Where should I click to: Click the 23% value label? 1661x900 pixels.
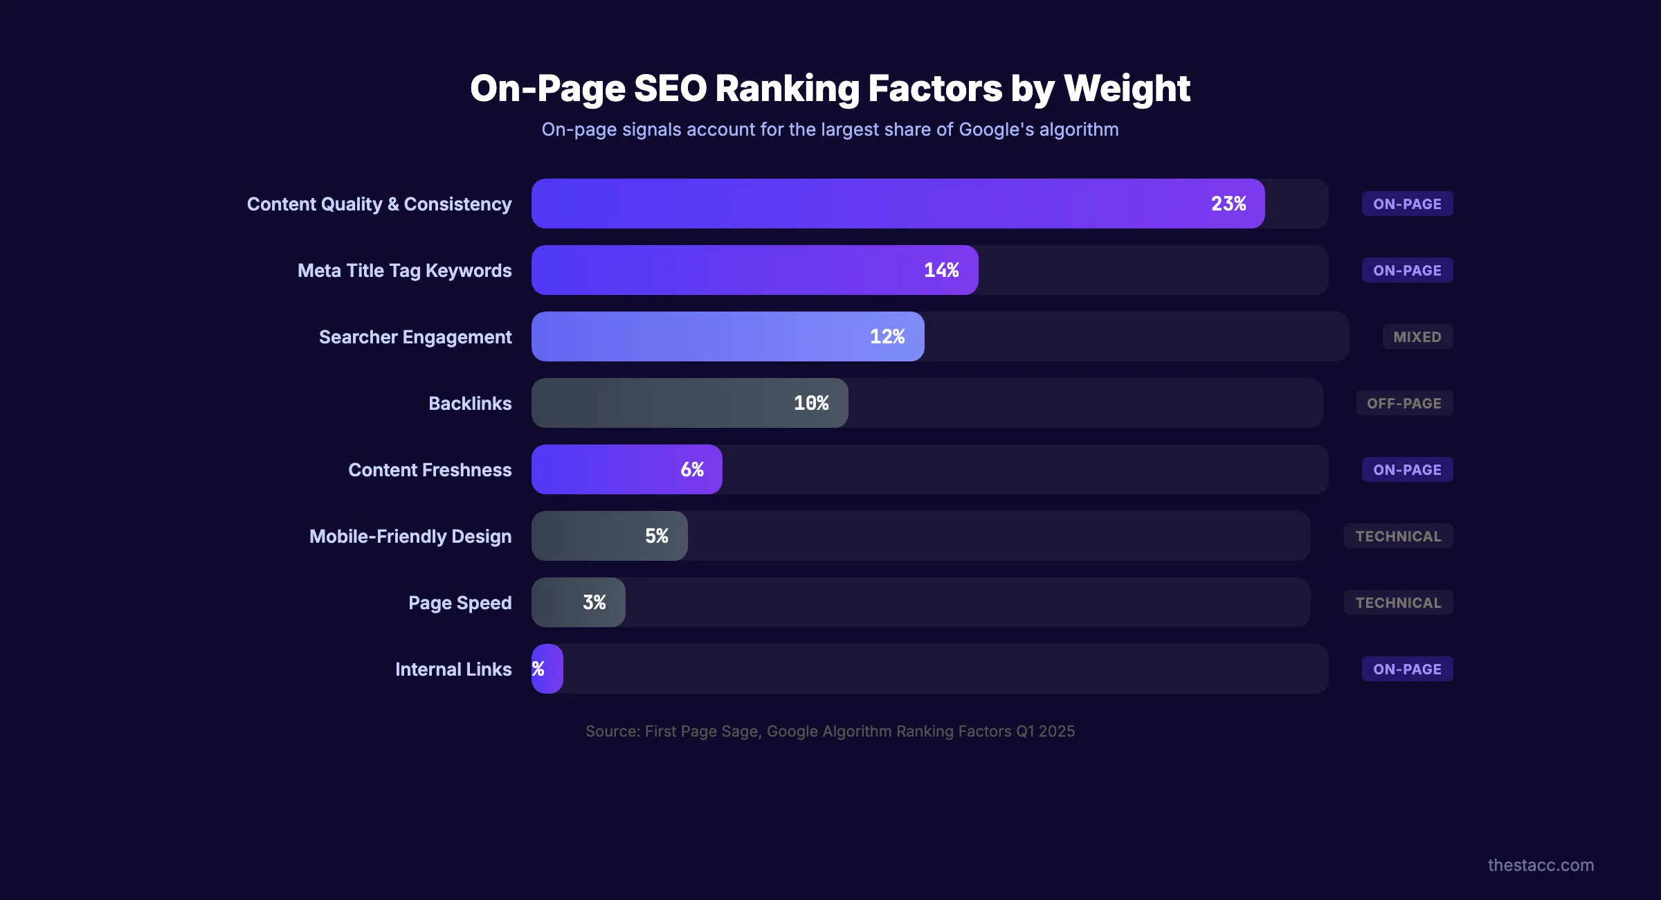(x=1228, y=204)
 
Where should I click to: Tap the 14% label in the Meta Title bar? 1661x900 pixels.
(x=941, y=270)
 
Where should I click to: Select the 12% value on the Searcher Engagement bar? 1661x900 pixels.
(x=887, y=336)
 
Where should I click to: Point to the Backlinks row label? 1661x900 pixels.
(x=470, y=404)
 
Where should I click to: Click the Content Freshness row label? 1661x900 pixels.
(x=430, y=470)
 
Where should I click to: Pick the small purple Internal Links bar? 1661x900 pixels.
(x=547, y=669)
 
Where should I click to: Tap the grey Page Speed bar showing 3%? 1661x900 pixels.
(x=579, y=602)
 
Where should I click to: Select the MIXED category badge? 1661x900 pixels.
(x=1417, y=337)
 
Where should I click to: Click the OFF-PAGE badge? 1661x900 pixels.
(x=1404, y=404)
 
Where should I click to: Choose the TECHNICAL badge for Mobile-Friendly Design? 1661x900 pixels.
(x=1398, y=537)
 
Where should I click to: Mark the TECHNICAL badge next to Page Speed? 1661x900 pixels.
(x=1398, y=603)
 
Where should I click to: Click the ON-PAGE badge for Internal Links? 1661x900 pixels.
(x=1407, y=669)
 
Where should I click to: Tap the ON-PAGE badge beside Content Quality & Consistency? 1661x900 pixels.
(x=1407, y=204)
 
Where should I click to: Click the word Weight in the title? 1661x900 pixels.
(x=1127, y=89)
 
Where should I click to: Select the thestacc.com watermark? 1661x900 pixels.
(x=1541, y=865)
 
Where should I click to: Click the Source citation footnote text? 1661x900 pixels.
(x=830, y=731)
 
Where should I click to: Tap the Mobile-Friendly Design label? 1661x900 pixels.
(x=410, y=537)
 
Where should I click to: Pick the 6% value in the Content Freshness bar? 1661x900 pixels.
(x=692, y=469)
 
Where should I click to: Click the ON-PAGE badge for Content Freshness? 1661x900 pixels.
(x=1407, y=470)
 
